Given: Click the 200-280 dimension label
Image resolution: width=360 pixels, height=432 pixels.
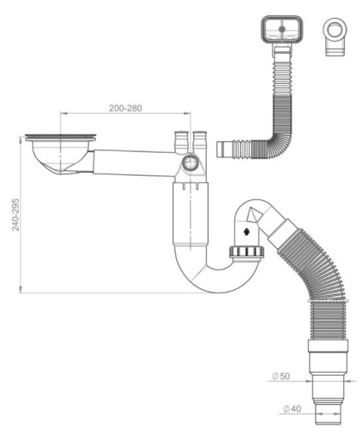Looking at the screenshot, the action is [126, 108].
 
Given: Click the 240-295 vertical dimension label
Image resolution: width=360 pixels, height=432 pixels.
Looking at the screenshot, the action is [16, 215].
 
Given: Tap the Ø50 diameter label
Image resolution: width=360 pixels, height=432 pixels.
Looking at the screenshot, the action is [281, 376].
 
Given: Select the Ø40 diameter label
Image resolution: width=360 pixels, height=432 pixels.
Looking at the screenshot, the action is [292, 409].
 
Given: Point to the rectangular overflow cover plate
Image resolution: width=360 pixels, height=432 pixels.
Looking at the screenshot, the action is [282, 30].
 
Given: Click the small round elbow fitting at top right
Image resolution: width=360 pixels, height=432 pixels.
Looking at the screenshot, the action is [335, 37].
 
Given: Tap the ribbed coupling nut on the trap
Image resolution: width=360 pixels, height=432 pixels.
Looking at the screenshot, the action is [246, 253].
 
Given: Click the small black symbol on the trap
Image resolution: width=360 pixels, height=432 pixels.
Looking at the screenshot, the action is [246, 232].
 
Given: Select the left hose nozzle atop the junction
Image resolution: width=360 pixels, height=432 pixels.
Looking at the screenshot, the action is [181, 142].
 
